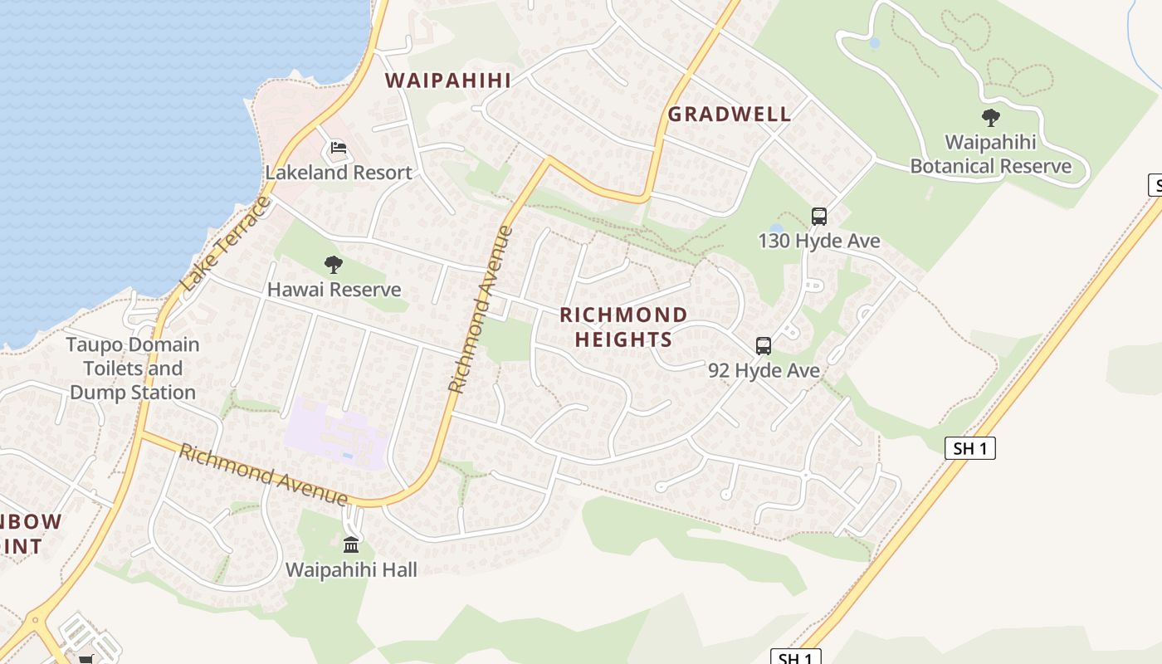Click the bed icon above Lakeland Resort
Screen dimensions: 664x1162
[x=338, y=148]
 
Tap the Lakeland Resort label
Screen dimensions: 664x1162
[x=339, y=173]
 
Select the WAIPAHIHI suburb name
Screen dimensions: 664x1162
[x=448, y=81]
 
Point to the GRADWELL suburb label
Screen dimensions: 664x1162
[x=730, y=115]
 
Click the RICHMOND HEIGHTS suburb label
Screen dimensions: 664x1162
[x=623, y=327]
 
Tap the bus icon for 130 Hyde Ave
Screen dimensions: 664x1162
[x=819, y=217]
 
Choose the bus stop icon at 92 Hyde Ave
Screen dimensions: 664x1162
[x=763, y=346]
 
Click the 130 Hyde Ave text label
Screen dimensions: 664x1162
[x=818, y=241]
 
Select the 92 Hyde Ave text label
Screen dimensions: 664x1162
[x=764, y=370]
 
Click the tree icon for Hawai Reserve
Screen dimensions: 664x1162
[x=334, y=265]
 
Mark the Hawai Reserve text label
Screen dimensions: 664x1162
[x=334, y=290]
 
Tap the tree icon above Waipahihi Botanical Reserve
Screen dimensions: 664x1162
[x=990, y=117]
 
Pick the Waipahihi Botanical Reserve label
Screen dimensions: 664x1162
[x=990, y=154]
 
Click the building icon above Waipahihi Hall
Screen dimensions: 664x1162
[x=351, y=545]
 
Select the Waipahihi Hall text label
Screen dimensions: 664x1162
[x=351, y=569]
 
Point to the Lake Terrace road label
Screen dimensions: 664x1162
[x=226, y=244]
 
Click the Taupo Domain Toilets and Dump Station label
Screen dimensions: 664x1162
[x=133, y=369]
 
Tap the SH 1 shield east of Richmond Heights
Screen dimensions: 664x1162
[x=969, y=449]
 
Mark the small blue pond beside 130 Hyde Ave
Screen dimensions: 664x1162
[x=776, y=227]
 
